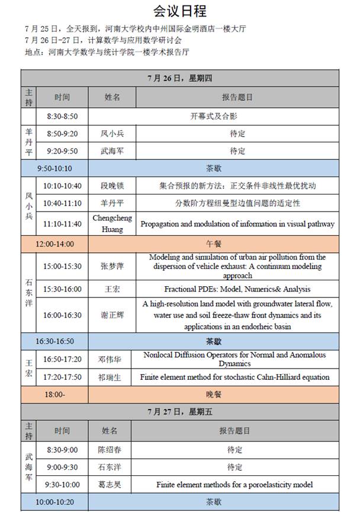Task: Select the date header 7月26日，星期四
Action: pos(180,78)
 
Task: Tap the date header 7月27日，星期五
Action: pos(180,412)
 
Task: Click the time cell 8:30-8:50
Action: pos(62,117)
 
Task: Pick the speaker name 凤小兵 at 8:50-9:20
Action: pos(112,134)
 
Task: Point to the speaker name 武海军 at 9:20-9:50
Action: pos(112,151)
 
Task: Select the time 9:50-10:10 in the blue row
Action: pos(54,168)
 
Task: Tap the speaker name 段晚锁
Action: pos(112,185)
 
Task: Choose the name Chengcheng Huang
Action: pos(112,223)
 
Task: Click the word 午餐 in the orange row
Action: pos(214,244)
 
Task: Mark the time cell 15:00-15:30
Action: pos(62,267)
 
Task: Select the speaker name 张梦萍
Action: pos(112,267)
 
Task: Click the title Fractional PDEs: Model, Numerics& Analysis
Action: pos(237,290)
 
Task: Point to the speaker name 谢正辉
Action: pos(112,315)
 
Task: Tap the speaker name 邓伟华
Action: pos(112,359)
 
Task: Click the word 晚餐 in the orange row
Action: pos(214,394)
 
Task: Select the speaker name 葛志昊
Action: pos(112,485)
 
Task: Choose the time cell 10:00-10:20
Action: pos(54,502)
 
